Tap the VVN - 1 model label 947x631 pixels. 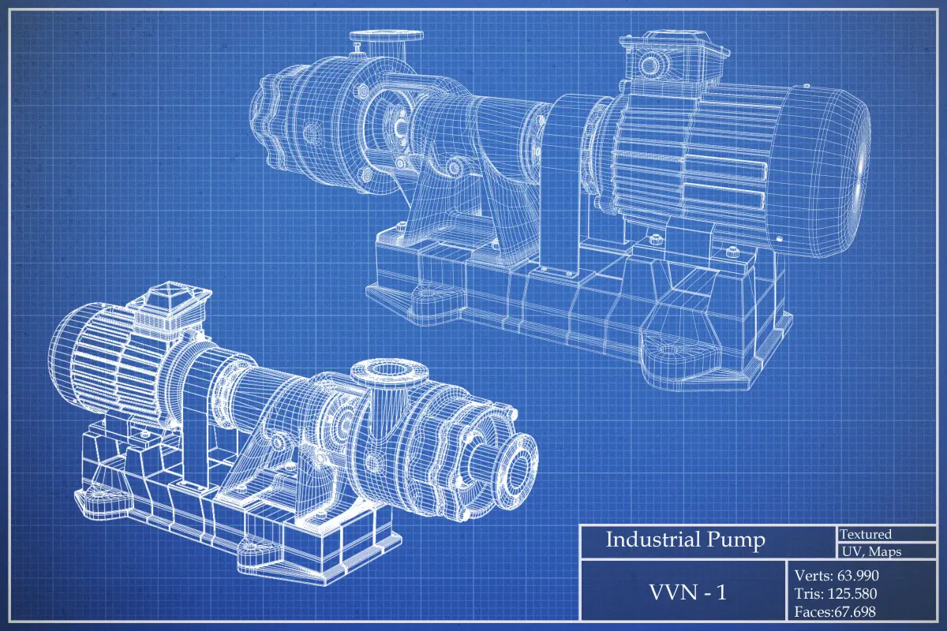(x=687, y=592)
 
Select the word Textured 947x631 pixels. (x=866, y=534)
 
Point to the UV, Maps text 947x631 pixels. (x=872, y=551)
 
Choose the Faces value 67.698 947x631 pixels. (x=855, y=611)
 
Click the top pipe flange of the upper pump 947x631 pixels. (x=386, y=36)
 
